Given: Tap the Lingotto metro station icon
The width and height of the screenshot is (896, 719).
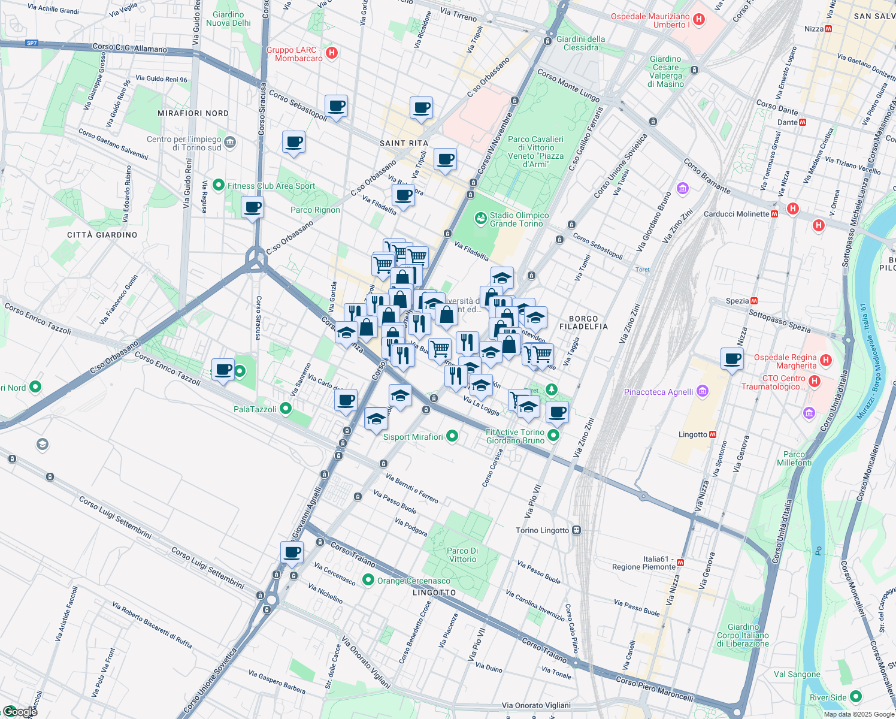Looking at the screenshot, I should click(713, 434).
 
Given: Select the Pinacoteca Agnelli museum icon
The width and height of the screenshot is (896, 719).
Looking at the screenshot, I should click(703, 392).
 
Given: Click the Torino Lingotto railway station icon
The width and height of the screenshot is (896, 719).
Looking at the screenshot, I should click(576, 530).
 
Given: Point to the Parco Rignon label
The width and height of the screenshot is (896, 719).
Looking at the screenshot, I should click(315, 210).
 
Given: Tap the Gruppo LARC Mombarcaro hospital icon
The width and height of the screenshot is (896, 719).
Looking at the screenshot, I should click(332, 53).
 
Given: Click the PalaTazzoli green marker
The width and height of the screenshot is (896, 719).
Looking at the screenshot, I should click(286, 409).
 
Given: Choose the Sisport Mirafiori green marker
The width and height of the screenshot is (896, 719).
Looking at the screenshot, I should click(452, 436).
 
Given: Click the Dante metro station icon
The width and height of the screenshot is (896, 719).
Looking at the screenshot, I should click(803, 122).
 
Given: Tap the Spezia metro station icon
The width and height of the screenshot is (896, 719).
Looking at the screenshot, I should click(754, 301).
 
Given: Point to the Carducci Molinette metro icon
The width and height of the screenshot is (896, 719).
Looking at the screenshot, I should click(774, 214).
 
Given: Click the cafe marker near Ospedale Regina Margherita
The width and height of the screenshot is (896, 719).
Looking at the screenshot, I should click(732, 359).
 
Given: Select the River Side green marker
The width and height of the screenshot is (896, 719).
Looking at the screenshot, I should click(855, 696).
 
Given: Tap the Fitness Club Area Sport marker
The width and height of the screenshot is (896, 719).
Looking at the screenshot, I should click(219, 185).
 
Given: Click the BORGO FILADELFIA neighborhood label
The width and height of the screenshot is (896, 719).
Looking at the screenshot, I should click(583, 323).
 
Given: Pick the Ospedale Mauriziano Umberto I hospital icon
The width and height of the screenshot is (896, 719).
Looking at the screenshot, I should click(698, 20).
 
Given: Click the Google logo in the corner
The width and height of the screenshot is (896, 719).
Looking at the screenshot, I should click(19, 712).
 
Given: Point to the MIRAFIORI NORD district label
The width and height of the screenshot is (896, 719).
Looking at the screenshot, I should click(193, 113).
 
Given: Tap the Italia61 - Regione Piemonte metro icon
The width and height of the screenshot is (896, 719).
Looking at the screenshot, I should click(680, 563).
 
